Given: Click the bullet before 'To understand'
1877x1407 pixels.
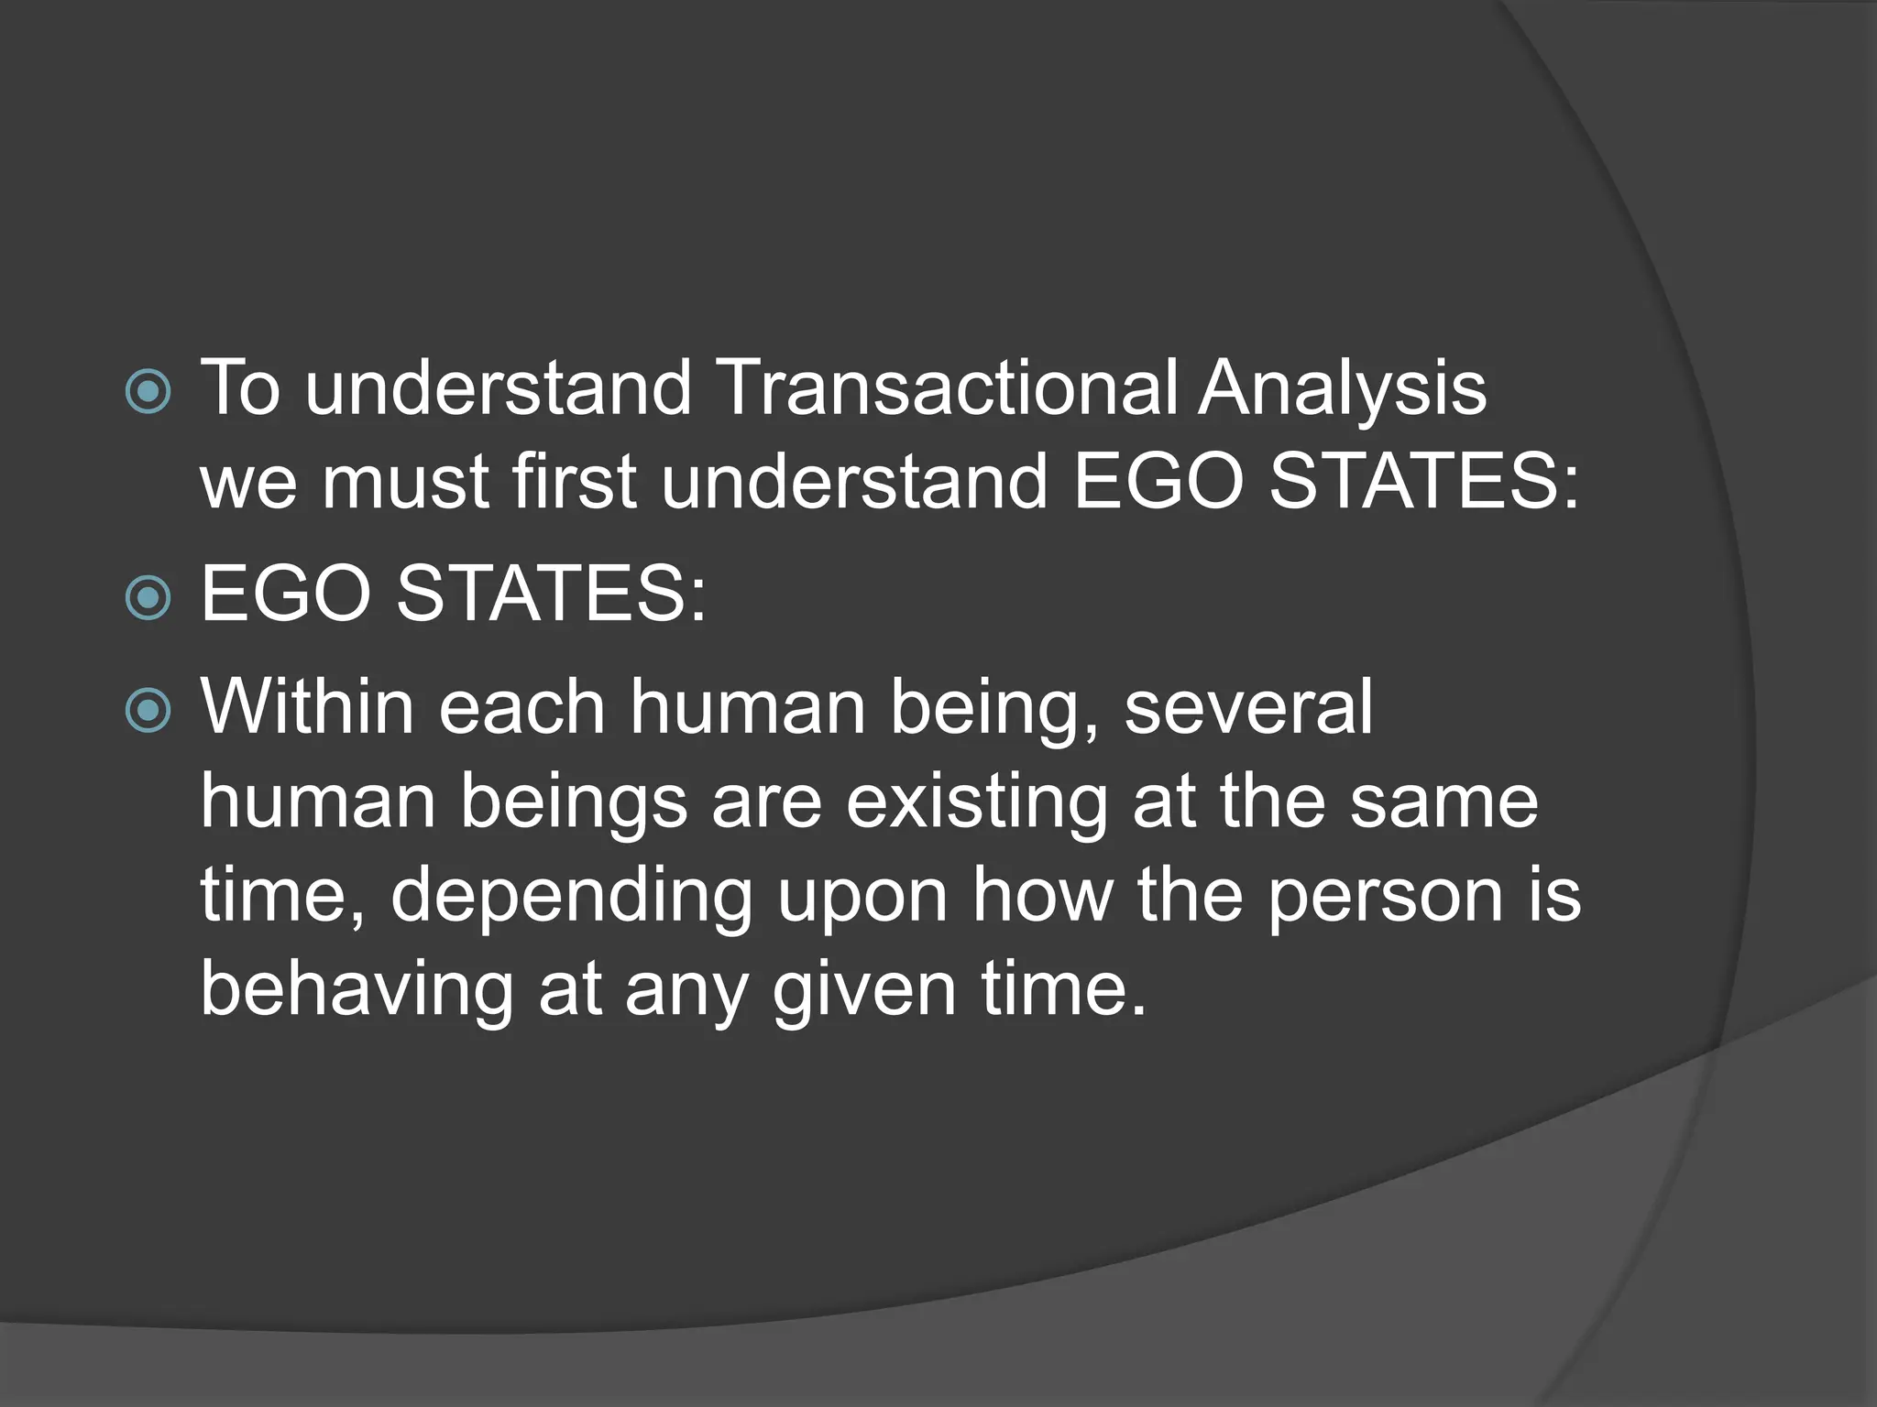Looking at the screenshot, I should click(148, 392).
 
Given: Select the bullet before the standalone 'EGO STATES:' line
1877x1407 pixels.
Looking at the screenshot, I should click(148, 598).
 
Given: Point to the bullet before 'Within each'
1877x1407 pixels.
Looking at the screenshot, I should click(148, 711).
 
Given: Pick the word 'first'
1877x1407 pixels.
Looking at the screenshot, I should click(574, 482).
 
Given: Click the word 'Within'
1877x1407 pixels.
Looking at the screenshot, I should click(307, 707).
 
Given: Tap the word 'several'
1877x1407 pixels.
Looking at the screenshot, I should click(1247, 707).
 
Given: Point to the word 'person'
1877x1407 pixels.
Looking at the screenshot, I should click(1386, 896).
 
